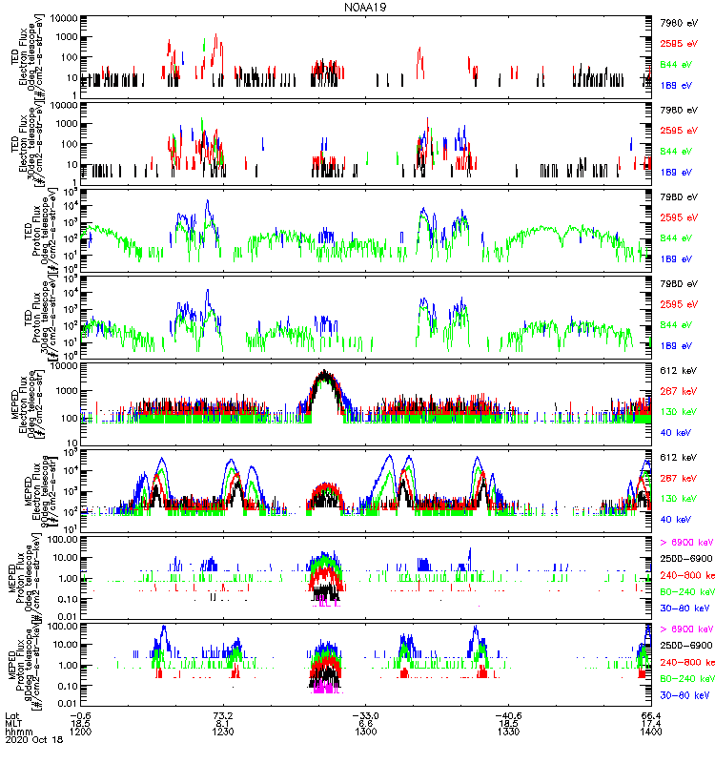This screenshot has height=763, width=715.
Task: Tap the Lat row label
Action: (x=11, y=714)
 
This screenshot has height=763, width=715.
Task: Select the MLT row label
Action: (x=12, y=724)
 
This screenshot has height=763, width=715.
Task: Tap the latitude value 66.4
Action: (x=651, y=714)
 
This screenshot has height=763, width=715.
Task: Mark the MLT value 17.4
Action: (x=651, y=724)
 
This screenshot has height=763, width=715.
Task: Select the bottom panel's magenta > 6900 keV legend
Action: (x=685, y=629)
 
